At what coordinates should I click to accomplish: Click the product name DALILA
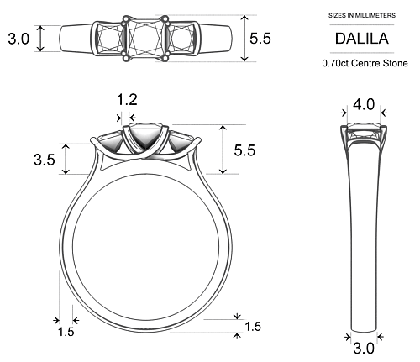(362, 39)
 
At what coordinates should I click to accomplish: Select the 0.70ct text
(338, 63)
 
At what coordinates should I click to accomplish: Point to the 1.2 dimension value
(127, 100)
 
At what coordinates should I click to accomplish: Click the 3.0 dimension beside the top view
(18, 38)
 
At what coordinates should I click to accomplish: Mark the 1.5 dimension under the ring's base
(252, 327)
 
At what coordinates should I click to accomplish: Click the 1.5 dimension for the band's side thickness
(66, 333)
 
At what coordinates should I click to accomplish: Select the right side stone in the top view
(182, 38)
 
